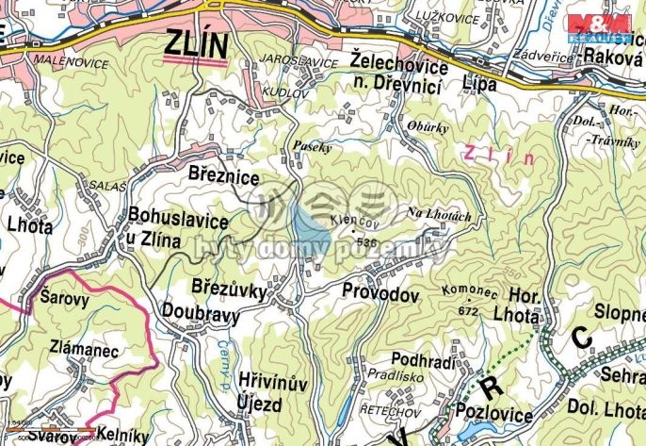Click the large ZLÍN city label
pyautogui.click(x=197, y=43)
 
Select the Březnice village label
pyautogui.click(x=223, y=176)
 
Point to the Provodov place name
pyautogui.click(x=380, y=294)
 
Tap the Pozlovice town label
pyautogui.click(x=495, y=411)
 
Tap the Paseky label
pyautogui.click(x=312, y=148)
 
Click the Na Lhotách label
pyautogui.click(x=438, y=215)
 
